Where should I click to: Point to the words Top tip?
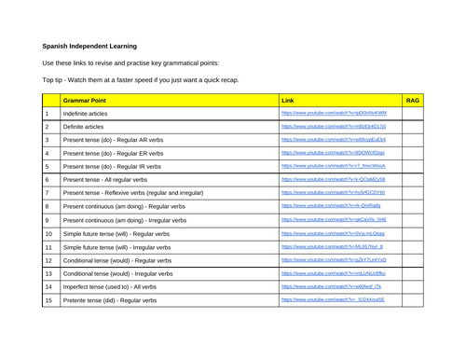(x=54, y=80)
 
